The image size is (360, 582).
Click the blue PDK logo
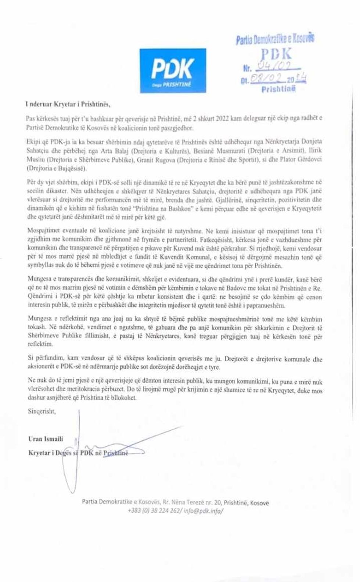[173, 70]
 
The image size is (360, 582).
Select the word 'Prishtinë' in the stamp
[278, 89]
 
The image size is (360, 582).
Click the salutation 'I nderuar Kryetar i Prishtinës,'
[68, 104]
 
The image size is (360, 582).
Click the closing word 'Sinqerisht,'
[42, 412]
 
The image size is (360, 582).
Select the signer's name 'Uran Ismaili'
[46, 439]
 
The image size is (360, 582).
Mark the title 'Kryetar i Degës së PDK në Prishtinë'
[78, 453]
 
